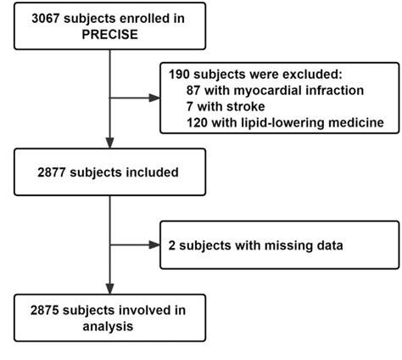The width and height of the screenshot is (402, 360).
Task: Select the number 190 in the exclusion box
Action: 180,75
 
